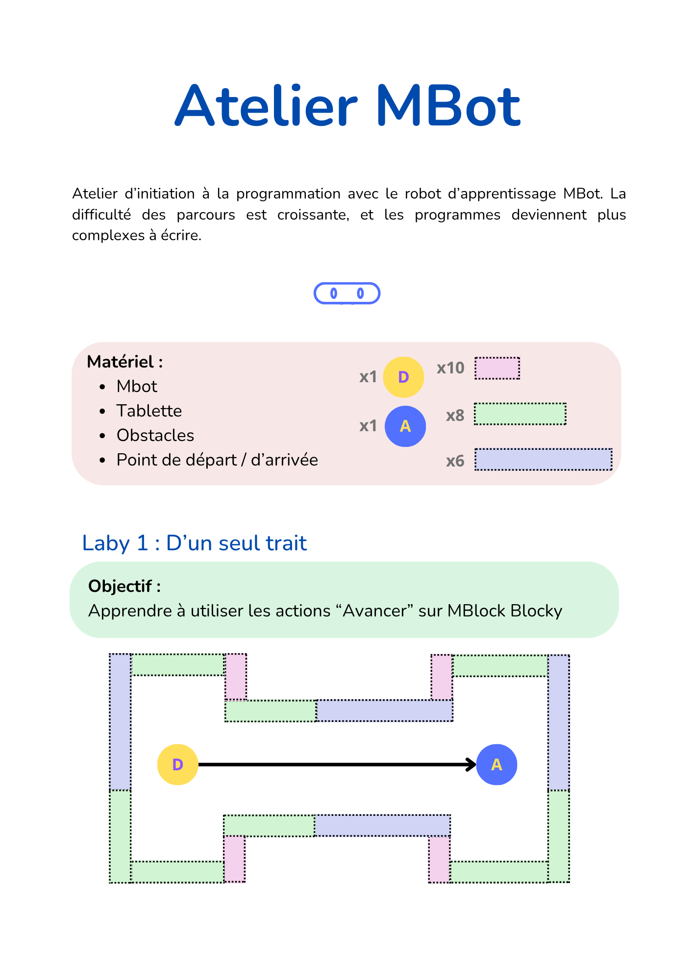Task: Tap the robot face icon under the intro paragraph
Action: (347, 294)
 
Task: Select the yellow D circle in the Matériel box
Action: (403, 377)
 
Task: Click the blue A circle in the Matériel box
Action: (405, 426)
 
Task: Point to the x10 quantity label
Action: (450, 368)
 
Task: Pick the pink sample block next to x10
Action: (497, 368)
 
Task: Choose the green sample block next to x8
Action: (520, 414)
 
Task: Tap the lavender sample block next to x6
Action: (544, 460)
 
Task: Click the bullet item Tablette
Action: (149, 411)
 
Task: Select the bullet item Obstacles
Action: (155, 435)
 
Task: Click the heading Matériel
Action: (125, 362)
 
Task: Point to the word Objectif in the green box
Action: (121, 586)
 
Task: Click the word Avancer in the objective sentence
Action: (375, 611)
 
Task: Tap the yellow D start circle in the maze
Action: (177, 764)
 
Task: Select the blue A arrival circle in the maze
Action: (496, 764)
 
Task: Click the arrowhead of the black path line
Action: (472, 764)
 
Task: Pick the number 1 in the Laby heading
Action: (142, 543)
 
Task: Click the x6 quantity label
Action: (455, 461)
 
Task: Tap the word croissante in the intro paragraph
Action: (313, 215)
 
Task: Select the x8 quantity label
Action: (455, 416)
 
